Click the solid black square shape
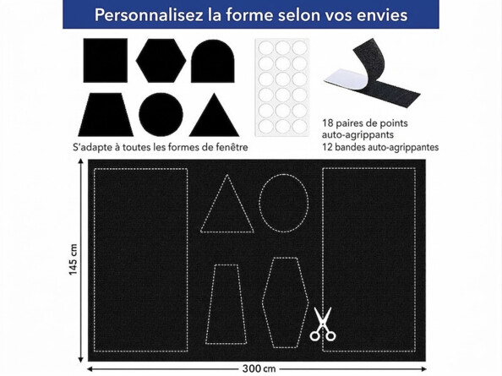pyautogui.click(x=105, y=60)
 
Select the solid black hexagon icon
pyautogui.click(x=161, y=60)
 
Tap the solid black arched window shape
pyautogui.click(x=212, y=61)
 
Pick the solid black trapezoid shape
pyautogui.click(x=105, y=114)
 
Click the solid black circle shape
pyautogui.click(x=161, y=114)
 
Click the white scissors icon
pyautogui.click(x=322, y=325)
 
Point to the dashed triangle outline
pyautogui.click(x=226, y=207)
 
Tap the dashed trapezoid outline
pyautogui.click(x=226, y=304)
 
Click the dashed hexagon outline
pyautogui.click(x=284, y=302)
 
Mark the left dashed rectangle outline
pyautogui.click(x=140, y=259)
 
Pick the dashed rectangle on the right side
pyautogui.click(x=368, y=259)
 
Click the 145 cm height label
pyautogui.click(x=74, y=259)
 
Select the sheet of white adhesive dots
pyautogui.click(x=281, y=86)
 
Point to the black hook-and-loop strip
pyautogui.click(x=373, y=81)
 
